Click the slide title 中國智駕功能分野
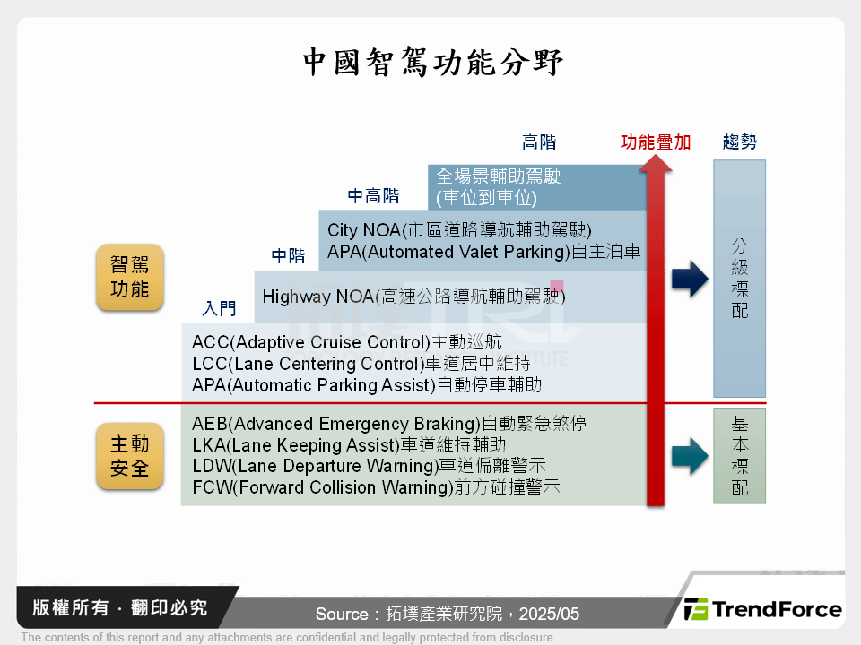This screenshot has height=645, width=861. [x=431, y=63]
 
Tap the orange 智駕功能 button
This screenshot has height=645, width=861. [x=130, y=277]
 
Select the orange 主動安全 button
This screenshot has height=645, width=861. [x=130, y=456]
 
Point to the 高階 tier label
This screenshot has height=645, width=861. [x=539, y=142]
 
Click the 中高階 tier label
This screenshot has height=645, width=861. [x=373, y=196]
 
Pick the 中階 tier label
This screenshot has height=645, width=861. [x=289, y=256]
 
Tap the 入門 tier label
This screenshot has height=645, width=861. [x=219, y=309]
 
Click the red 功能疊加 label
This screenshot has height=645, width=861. [x=656, y=142]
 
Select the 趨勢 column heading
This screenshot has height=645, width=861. [x=739, y=142]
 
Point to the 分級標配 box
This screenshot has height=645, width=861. [x=739, y=278]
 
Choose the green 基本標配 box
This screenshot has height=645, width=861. [x=739, y=455]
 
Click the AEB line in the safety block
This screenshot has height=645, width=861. [x=389, y=424]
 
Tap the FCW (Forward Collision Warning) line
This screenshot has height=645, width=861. [x=376, y=488]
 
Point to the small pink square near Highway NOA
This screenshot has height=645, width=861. [x=557, y=286]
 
